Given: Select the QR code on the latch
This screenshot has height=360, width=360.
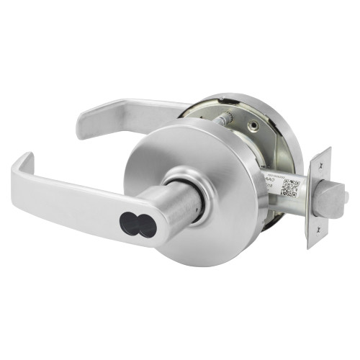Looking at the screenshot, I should (288, 187).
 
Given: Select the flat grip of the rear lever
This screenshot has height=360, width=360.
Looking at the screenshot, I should (133, 112).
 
